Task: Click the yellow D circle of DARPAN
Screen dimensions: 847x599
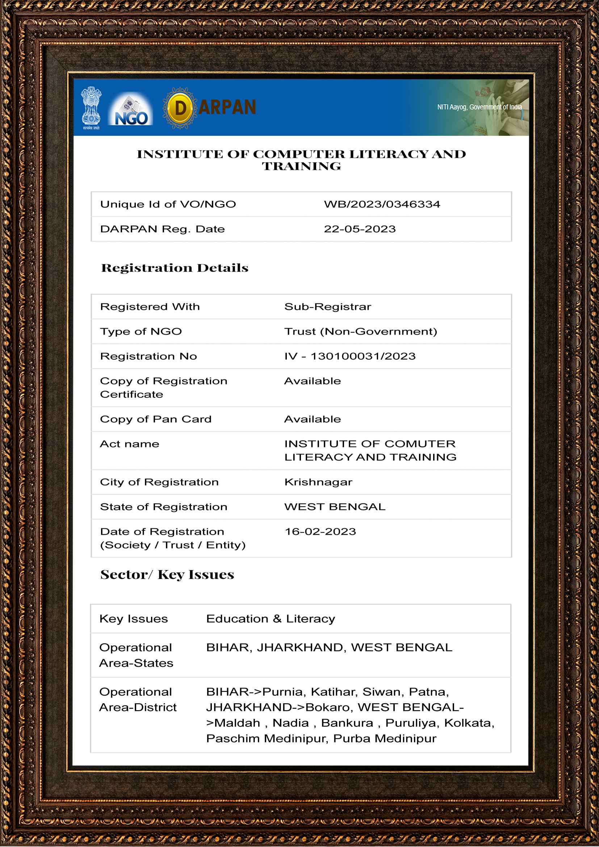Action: point(180,108)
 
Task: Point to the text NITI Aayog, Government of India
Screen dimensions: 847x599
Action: point(479,107)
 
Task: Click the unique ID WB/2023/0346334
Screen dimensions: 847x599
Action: point(382,204)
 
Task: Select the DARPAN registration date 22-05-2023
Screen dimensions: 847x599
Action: point(360,229)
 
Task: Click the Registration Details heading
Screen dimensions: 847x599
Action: point(175,268)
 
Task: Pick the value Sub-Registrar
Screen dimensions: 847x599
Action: point(327,307)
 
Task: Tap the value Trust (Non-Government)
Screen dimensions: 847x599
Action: point(360,332)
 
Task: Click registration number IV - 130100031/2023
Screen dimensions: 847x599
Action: point(350,356)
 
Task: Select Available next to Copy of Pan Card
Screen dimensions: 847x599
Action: point(313,419)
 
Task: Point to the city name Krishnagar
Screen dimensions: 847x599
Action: point(318,482)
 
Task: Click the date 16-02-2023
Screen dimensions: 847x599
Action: point(320,532)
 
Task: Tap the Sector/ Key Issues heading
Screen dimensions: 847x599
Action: point(167,575)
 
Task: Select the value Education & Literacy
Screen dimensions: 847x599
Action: point(271,619)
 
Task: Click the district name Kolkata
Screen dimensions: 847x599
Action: point(469,723)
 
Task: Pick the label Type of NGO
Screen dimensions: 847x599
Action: point(141,332)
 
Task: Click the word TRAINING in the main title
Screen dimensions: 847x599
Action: point(301,166)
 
